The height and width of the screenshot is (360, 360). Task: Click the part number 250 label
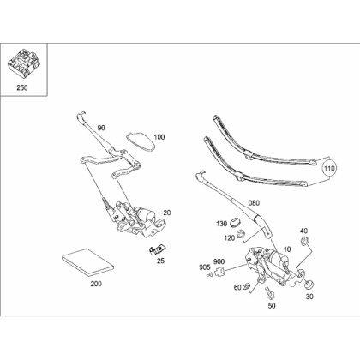click(22, 87)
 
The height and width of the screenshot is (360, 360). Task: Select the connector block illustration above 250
click(22, 63)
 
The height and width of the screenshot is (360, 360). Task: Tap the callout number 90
click(101, 128)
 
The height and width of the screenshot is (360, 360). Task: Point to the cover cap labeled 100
click(141, 141)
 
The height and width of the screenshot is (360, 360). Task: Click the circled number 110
click(329, 169)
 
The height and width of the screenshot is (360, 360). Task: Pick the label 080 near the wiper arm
click(254, 203)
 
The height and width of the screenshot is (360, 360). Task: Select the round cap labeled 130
click(236, 223)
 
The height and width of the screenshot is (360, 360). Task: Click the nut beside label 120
click(240, 234)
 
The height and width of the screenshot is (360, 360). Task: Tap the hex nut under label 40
click(304, 241)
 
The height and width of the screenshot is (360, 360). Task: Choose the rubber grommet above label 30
click(309, 285)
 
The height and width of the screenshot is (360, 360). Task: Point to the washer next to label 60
click(246, 286)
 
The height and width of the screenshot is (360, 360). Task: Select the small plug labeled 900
click(220, 272)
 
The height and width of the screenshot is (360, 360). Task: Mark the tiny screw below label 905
click(209, 275)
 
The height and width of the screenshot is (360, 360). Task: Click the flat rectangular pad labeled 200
click(88, 262)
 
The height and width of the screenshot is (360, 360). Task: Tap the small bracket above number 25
click(158, 249)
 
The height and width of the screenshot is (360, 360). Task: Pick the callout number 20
click(167, 213)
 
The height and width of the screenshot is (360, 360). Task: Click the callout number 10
click(287, 249)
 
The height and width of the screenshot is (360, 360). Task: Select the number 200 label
click(96, 284)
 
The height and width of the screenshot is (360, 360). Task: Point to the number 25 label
click(161, 261)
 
